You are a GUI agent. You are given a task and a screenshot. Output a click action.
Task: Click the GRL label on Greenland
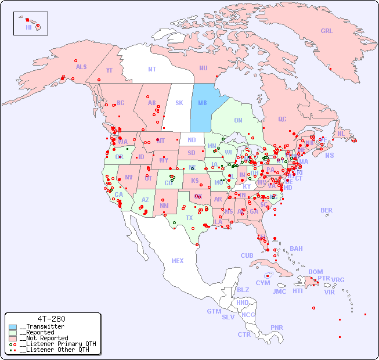(327, 31)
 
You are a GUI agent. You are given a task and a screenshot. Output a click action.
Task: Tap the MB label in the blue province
(203, 103)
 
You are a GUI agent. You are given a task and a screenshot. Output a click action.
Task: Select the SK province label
(179, 103)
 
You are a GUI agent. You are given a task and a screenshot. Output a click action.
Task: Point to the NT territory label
(152, 69)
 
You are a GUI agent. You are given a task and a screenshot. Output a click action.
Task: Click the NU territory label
(203, 68)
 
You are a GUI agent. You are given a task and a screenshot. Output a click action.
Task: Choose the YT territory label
(109, 70)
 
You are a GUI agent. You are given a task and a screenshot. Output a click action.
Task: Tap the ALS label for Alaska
(81, 67)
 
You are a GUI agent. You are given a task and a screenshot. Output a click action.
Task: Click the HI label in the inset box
(28, 27)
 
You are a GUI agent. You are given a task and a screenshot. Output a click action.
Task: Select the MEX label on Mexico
(178, 261)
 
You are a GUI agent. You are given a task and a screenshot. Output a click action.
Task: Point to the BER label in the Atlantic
(326, 210)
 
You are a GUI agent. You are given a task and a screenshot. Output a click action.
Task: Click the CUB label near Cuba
(247, 255)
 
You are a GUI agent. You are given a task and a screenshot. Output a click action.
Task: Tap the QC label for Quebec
(282, 119)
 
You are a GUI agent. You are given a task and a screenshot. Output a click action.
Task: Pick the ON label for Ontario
(238, 120)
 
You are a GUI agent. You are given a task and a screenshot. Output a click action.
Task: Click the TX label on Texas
(189, 218)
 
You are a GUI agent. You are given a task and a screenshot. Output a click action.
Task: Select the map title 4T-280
(51, 319)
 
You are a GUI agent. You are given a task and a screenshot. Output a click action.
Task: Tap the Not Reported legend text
(44, 338)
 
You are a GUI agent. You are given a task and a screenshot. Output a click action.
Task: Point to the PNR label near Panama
(277, 327)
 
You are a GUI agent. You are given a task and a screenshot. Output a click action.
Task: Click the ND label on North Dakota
(192, 140)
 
